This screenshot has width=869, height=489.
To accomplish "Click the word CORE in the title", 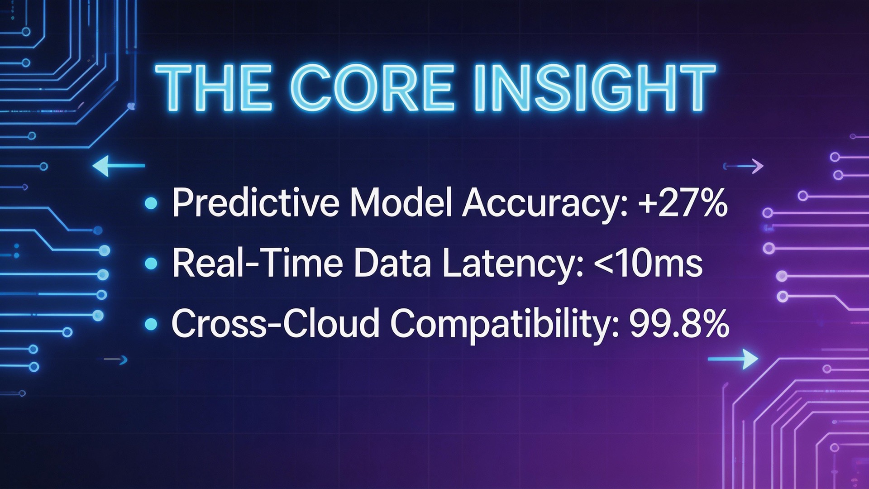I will coord(374,87).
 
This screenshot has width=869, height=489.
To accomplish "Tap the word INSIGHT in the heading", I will coord(594,87).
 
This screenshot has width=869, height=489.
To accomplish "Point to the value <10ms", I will coord(648,264).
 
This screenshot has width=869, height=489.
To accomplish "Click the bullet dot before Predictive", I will coord(151,203).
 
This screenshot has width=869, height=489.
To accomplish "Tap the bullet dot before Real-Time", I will coord(151,264).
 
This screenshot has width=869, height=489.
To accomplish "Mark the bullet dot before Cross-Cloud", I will coord(151,324).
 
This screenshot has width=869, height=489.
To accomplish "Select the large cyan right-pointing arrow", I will coord(734,359).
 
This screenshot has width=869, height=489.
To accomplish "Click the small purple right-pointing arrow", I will coord(745,166).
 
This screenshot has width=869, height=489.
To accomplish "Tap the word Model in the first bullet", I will coord(401,202).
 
